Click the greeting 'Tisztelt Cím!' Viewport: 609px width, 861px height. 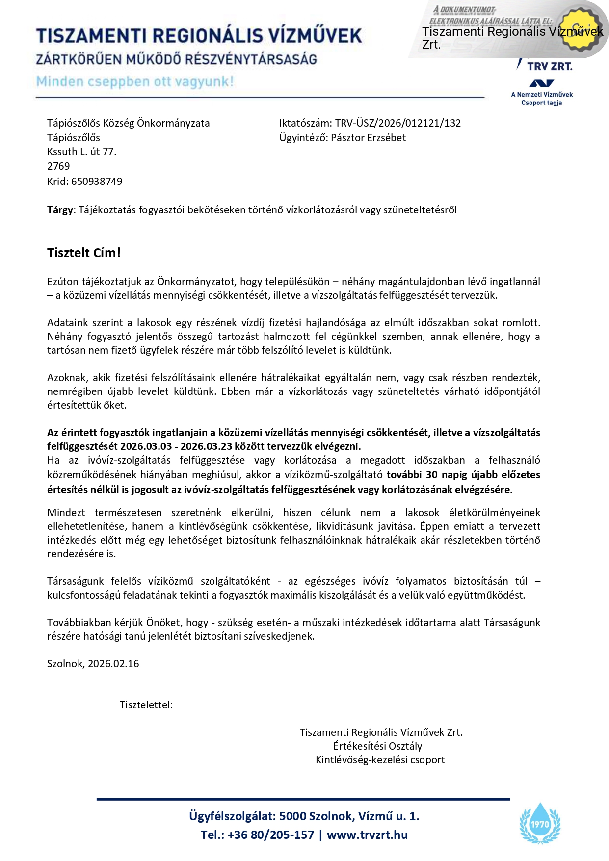(84, 253)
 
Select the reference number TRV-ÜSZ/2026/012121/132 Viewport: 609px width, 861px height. (398, 123)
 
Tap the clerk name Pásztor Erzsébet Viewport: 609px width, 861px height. (368, 138)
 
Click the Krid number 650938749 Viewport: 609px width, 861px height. (97, 182)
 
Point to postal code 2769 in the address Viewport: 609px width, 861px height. (58, 166)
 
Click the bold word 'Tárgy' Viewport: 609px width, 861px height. (60, 210)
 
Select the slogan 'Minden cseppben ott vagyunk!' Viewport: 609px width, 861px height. (135, 81)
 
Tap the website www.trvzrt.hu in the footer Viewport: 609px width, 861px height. (367, 835)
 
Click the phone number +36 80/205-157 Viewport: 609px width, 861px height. (271, 835)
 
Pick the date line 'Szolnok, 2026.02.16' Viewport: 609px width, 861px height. (93, 664)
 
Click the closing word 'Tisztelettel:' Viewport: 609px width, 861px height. (146, 705)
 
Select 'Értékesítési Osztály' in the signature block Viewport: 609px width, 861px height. (378, 746)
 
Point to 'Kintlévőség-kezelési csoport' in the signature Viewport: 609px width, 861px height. (380, 760)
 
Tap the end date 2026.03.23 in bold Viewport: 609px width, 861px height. (206, 446)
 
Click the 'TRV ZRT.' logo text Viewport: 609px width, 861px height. (550, 66)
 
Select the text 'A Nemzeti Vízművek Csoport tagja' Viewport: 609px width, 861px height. (542, 99)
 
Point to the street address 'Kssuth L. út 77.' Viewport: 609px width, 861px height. (82, 152)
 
